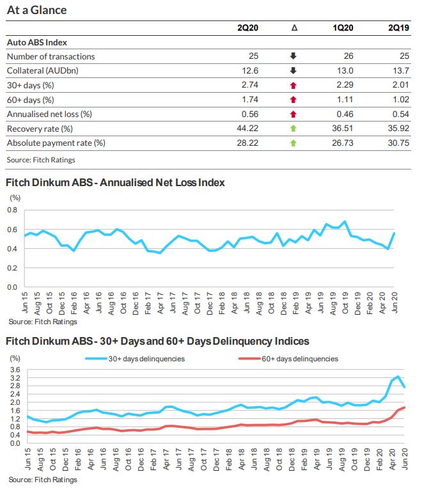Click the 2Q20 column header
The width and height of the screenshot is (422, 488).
(247, 28)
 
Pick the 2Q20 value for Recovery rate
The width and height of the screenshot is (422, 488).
(248, 129)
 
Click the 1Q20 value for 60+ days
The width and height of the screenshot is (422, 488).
(344, 100)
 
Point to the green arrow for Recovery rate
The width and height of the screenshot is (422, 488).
(293, 129)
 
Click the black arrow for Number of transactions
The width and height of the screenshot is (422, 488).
(293, 56)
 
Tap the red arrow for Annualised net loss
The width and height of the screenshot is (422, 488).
(293, 114)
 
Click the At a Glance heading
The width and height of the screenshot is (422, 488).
(36, 10)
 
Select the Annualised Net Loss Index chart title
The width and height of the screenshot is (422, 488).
(115, 182)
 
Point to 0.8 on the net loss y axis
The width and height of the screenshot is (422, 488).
(12, 210)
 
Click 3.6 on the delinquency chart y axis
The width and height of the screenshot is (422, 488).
(13, 370)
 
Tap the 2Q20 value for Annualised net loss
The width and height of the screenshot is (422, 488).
(249, 114)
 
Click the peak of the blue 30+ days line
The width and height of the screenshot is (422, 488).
(398, 376)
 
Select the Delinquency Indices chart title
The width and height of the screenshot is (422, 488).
(157, 342)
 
